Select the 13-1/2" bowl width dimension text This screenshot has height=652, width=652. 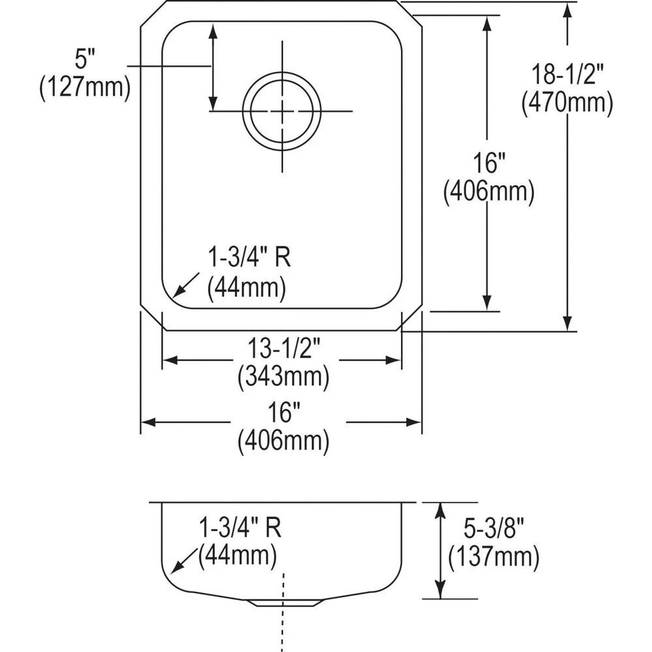[x=283, y=351]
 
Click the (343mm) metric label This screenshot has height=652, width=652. [x=283, y=376]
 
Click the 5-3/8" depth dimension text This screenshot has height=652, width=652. [x=493, y=529]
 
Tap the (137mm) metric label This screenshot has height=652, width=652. [x=494, y=556]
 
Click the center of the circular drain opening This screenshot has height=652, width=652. [x=282, y=111]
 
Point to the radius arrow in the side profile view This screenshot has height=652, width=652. [x=181, y=562]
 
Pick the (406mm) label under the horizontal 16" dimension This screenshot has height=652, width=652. [x=283, y=442]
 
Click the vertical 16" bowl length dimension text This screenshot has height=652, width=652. [x=488, y=163]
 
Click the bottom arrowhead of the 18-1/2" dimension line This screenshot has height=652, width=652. [x=568, y=323]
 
